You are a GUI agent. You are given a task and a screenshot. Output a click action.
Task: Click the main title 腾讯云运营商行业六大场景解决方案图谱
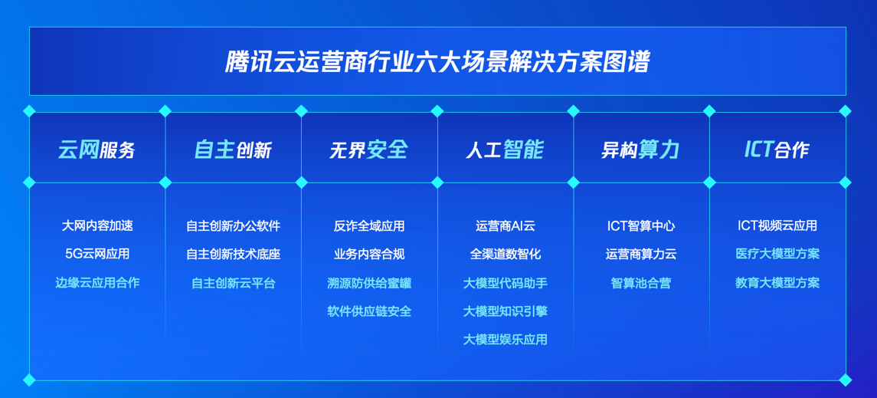pos(437,62)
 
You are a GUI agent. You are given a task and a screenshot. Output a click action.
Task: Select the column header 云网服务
pos(97,150)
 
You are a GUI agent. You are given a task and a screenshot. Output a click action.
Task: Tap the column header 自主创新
pos(233,150)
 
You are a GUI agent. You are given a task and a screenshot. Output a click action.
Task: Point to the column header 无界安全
pos(368,150)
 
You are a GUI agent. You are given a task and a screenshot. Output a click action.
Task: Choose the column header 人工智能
pos(505,150)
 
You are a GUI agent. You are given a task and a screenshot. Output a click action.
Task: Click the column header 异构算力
pos(640,150)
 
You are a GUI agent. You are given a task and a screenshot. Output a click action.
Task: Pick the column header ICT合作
pos(777,150)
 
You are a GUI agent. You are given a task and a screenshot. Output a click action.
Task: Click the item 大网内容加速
pos(97,225)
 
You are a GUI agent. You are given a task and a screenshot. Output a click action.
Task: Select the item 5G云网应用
pos(97,254)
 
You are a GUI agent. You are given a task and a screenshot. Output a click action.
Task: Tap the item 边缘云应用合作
pos(97,282)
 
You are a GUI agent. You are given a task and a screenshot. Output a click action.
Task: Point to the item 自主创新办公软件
pos(234,225)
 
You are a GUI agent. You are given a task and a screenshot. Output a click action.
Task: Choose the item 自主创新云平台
pos(234,283)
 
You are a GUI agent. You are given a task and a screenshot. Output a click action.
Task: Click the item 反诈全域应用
pos(369,225)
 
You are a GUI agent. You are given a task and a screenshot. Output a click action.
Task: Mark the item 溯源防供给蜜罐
pos(369,283)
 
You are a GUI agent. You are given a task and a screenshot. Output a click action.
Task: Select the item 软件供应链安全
pos(369,311)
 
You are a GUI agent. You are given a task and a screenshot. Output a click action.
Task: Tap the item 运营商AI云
pos(505,225)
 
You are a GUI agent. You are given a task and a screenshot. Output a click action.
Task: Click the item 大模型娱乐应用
pos(505,339)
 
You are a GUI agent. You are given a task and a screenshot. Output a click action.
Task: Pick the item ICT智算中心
pos(641,225)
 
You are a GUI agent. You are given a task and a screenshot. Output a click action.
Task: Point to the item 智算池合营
pos(641,283)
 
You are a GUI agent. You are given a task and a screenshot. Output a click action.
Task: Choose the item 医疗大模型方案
pos(777,254)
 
